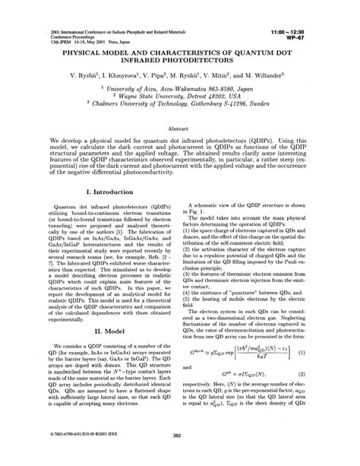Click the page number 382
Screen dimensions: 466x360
[x=179, y=457]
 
